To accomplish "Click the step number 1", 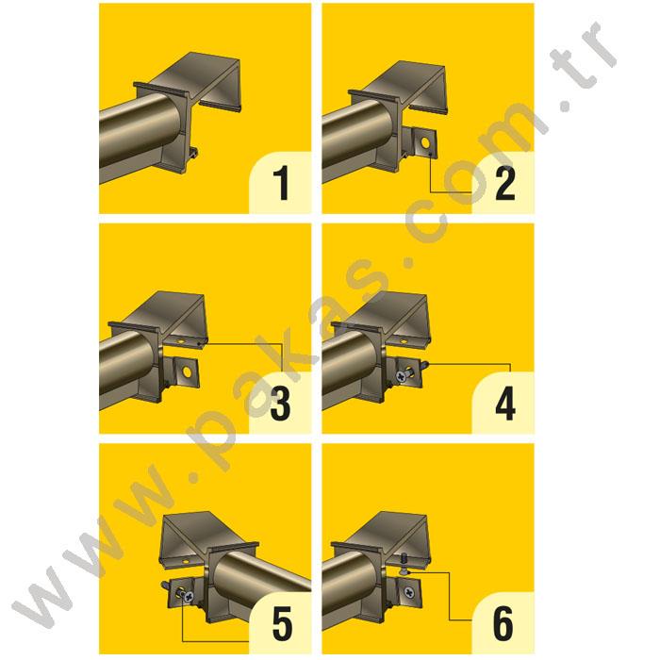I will click(x=280, y=183).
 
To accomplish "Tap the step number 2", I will click(x=504, y=183).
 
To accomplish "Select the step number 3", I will click(x=280, y=403).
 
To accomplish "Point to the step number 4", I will click(x=504, y=403).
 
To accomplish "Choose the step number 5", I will click(x=280, y=622).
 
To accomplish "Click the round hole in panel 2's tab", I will click(x=430, y=145).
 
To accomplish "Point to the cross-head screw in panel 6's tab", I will click(x=409, y=592).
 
